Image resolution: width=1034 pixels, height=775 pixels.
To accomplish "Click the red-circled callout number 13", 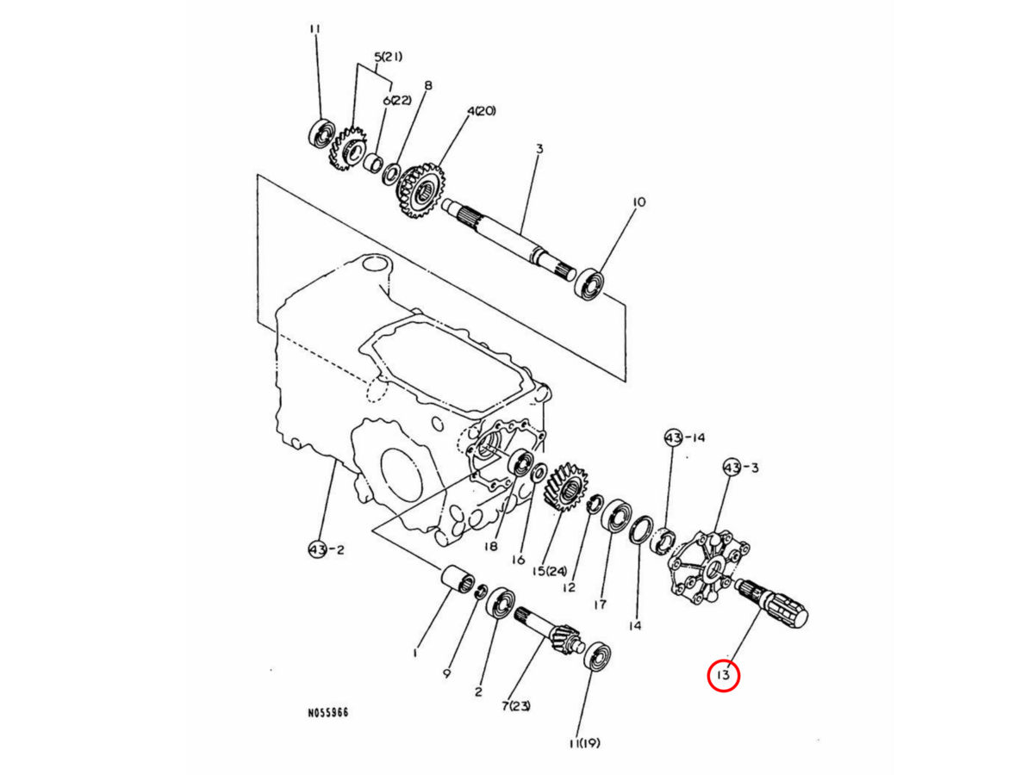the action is pos(723,675).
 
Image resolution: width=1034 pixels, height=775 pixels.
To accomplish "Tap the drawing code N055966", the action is pos(328,712).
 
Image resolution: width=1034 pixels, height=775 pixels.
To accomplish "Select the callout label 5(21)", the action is pos(388,57).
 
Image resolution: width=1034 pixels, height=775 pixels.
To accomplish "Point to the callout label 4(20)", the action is pos(481,111).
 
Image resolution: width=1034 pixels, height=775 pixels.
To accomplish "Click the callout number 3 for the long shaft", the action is pos(540,149).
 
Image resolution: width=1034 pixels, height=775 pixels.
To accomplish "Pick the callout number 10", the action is pos(638,201).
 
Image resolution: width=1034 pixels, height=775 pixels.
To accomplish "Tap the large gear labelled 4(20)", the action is pos(420,190).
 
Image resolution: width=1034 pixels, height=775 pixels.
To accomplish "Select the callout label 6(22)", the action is pos(396,100).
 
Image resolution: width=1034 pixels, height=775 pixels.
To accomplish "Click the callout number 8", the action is pos(427,85).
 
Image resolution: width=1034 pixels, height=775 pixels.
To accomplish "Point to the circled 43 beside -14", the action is pos(673,438).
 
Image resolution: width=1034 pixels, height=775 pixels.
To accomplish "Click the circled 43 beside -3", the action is pos(732,468).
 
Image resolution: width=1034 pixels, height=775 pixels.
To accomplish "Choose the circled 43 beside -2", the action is pos(317,549).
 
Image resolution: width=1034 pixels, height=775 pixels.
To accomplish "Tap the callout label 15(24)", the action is pos(550,571).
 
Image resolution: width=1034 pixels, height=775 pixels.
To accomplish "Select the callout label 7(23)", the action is pos(516,706).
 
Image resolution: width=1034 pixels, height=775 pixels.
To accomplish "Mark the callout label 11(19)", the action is pos(584,743).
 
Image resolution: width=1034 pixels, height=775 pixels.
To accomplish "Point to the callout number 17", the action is pos(600,604).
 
